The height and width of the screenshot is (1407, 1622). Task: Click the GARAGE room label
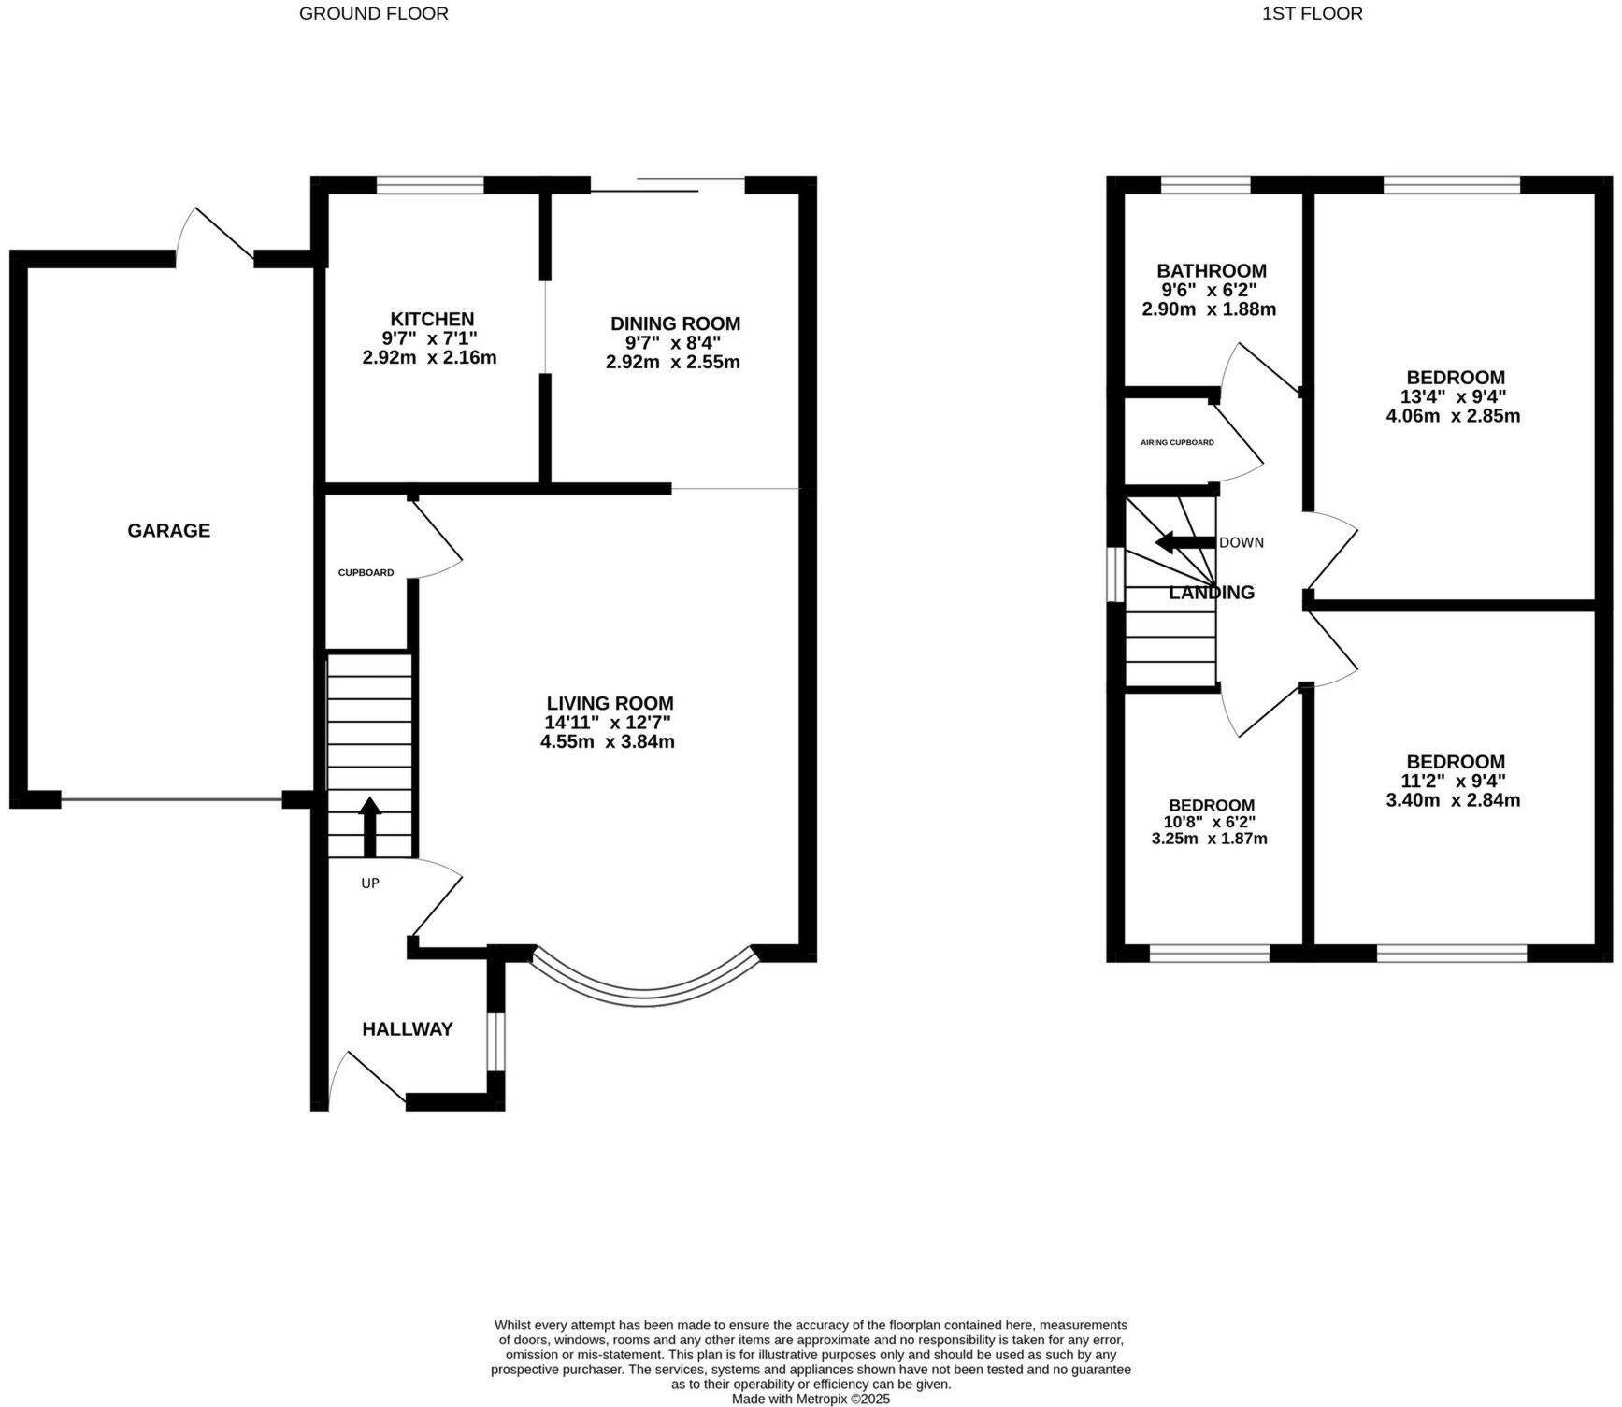pos(169,531)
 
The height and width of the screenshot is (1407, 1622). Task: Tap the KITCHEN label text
pos(432,319)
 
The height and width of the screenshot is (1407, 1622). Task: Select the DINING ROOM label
pos(675,323)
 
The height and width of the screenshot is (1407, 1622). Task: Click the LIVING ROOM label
pos(610,703)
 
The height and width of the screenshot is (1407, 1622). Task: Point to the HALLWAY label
pos(408,1029)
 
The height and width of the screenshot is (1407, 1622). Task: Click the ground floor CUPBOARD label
pos(366,573)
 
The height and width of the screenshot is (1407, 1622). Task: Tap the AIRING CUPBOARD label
pos(1177,442)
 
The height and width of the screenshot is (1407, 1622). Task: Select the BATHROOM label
pos(1212,271)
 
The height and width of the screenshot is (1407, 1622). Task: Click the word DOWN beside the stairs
pos(1242,543)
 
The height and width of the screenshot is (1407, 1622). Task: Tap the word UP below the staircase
pos(370,883)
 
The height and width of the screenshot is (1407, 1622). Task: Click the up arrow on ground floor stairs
pos(370,826)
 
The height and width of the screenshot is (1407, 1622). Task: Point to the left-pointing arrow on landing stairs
pos(1184,542)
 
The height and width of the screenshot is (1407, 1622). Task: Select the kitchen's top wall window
pos(430,185)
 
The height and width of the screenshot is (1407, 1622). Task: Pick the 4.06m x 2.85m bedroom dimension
pos(1453,416)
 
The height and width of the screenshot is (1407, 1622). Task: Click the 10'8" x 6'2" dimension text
pos(1210,822)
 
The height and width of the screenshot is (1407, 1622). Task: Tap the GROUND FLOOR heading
pos(374,13)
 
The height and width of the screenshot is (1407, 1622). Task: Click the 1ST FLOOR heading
pos(1313,13)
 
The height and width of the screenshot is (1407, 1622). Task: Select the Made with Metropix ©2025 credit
pos(811,1400)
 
